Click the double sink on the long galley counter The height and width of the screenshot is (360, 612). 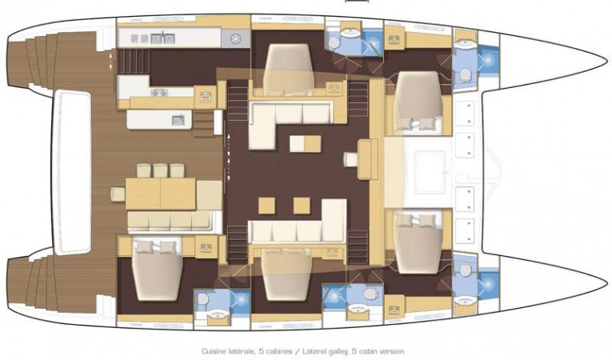(162, 38)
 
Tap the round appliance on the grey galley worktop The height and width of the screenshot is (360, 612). (235, 38)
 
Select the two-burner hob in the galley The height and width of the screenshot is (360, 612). (159, 93)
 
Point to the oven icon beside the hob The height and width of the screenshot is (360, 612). (206, 97)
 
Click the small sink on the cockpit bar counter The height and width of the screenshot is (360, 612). (178, 119)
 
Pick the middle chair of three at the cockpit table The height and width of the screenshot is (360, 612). (160, 170)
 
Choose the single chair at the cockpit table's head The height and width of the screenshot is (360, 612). (118, 194)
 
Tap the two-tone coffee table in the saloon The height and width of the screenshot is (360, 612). (306, 144)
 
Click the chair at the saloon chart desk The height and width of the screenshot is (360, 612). (350, 159)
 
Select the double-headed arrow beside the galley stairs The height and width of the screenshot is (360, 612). (111, 62)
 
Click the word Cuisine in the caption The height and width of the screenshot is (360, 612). (212, 351)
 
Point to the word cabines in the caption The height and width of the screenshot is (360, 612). (278, 351)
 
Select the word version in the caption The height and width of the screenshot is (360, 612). (392, 351)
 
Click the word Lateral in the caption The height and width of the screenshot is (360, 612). (313, 351)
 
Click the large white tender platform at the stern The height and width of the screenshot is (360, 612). (73, 173)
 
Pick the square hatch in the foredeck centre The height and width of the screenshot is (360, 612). (430, 172)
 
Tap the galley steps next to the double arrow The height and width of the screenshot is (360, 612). (134, 62)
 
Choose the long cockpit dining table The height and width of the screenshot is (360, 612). (161, 194)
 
